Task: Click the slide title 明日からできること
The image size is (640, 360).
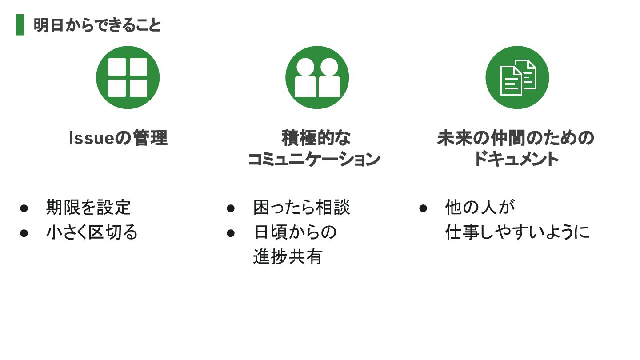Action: click(x=97, y=25)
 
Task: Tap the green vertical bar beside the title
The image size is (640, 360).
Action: click(x=20, y=25)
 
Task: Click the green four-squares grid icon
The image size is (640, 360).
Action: click(x=128, y=77)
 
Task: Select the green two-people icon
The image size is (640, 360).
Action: click(x=317, y=77)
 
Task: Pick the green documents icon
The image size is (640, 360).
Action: click(x=517, y=77)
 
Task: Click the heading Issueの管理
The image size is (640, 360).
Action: click(x=118, y=138)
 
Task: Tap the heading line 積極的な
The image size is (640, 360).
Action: click(x=316, y=138)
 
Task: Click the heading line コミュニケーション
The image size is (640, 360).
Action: click(x=314, y=159)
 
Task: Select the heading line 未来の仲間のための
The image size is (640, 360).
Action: click(x=516, y=138)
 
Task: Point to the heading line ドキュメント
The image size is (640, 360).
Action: click(x=516, y=159)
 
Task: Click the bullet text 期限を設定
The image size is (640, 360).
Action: click(x=88, y=208)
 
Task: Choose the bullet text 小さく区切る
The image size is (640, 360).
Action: click(x=92, y=232)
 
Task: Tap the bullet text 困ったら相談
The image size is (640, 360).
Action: click(x=302, y=208)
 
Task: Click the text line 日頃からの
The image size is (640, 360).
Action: click(x=295, y=232)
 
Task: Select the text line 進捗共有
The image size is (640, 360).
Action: click(x=288, y=257)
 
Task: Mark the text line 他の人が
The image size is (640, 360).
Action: click(x=480, y=208)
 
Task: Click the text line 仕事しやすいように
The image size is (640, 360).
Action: click(x=517, y=232)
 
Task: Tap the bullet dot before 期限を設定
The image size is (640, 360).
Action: click(x=24, y=208)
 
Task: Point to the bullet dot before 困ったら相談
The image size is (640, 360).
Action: click(x=231, y=208)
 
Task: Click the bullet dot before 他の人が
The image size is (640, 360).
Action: click(x=423, y=208)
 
